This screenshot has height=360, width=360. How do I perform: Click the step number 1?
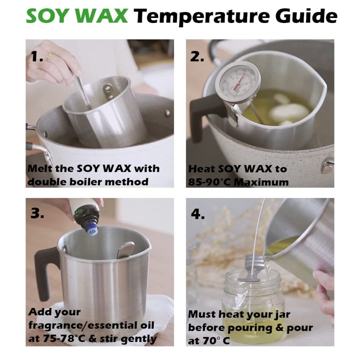(37, 57)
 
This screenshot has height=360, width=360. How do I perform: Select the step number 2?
(197, 57)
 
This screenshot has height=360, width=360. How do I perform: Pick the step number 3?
(37, 213)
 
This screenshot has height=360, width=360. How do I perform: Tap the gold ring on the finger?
(49, 57)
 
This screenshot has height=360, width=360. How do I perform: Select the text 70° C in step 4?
(216, 341)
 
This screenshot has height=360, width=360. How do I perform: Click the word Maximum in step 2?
(262, 182)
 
